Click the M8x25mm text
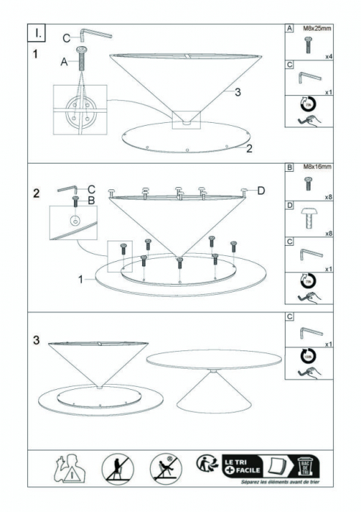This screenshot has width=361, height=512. (316, 28)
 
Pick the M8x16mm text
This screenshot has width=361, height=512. (316, 167)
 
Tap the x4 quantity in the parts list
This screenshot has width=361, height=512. (330, 56)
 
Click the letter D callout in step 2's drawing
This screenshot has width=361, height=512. (261, 192)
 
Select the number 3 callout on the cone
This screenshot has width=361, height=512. (238, 92)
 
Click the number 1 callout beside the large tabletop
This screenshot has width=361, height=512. (80, 279)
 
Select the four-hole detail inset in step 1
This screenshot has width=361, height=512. (79, 110)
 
